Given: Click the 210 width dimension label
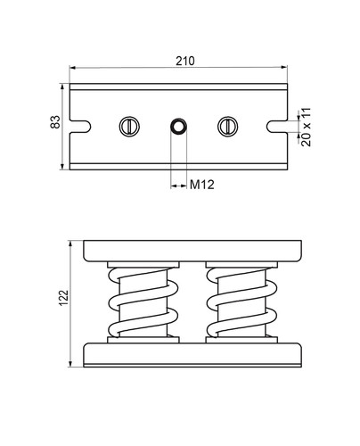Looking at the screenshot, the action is (185, 61).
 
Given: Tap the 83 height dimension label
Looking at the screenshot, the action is (55, 121).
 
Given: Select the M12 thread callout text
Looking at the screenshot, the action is (202, 185).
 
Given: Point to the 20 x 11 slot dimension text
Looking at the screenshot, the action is (306, 127).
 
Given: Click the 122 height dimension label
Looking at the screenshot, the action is (63, 298).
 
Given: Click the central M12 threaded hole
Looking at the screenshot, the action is (178, 127).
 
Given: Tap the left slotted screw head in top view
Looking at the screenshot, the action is (129, 127).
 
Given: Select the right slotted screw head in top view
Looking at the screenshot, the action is (228, 127).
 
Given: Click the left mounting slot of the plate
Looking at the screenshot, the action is (80, 127).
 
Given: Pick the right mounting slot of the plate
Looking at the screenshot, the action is (277, 127).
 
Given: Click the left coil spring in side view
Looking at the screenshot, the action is (143, 302).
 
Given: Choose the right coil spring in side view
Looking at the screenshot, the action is (241, 302).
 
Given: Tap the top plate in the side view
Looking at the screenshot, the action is (192, 251).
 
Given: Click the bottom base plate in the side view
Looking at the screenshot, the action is (192, 355).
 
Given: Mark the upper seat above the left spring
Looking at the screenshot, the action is (143, 265).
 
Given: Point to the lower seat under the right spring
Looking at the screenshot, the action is (241, 340).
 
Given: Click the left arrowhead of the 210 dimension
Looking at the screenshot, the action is (73, 68).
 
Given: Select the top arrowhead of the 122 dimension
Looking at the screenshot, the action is (70, 244).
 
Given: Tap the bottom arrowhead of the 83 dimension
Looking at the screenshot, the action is (62, 166).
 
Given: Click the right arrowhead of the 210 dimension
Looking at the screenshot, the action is (284, 67).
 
